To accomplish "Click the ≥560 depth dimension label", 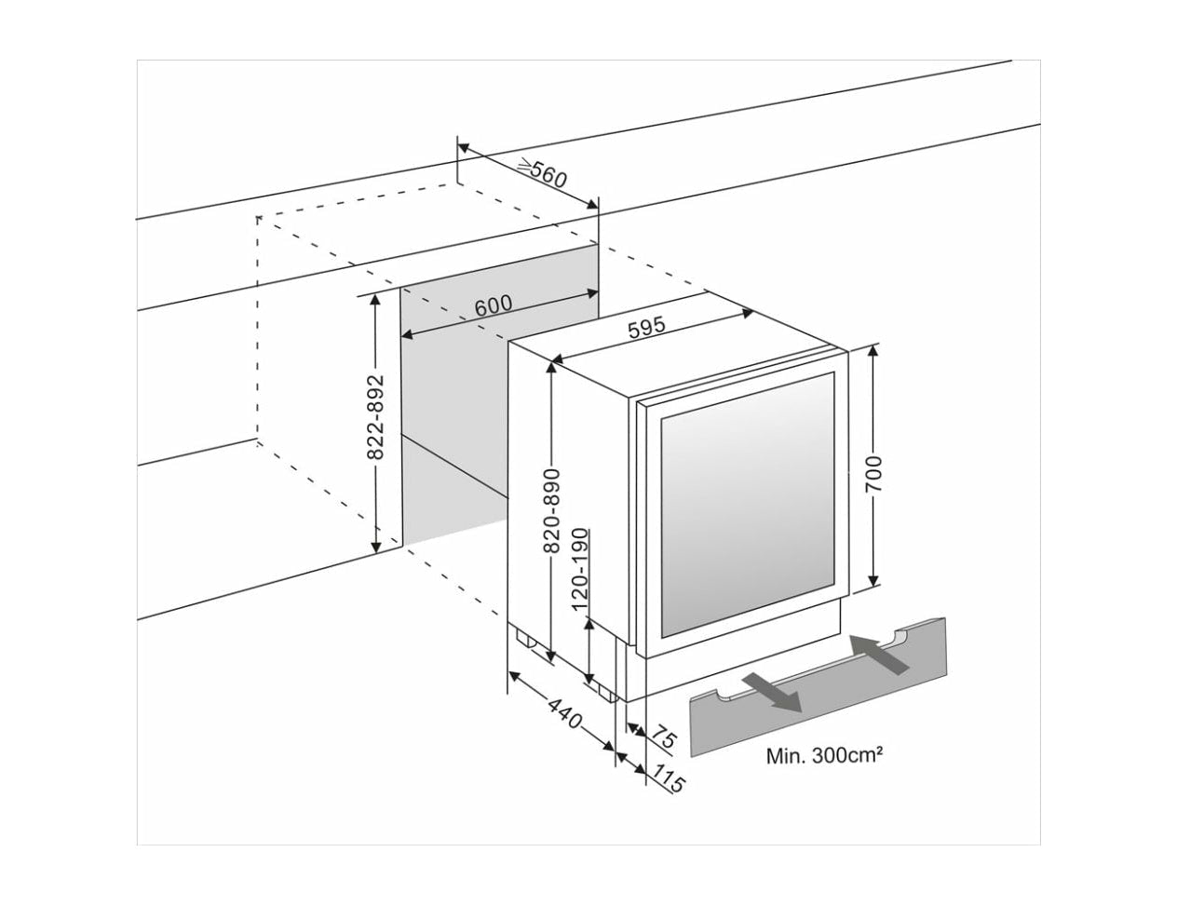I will pos(543,174).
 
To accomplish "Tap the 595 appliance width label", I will pos(645,328).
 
